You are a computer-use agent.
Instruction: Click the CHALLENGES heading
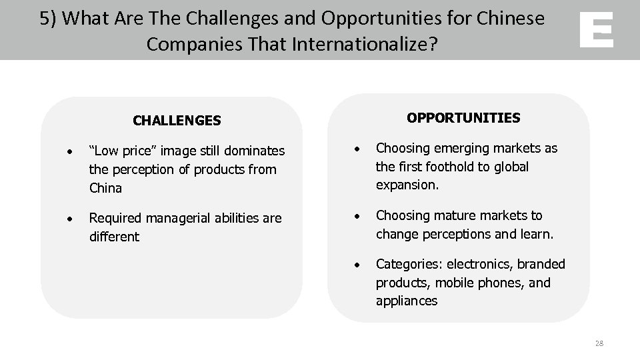[177, 121]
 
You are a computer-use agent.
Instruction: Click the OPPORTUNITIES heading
[463, 118]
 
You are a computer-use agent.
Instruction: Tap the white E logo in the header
[596, 31]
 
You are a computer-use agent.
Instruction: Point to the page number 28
[598, 343]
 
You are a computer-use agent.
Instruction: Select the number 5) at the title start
[49, 19]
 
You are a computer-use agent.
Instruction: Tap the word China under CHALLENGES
[105, 188]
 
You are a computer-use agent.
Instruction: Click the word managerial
[174, 219]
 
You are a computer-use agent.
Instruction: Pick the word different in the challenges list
[114, 237]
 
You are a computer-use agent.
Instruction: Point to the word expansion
[407, 185]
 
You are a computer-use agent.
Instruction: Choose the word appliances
[407, 301]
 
